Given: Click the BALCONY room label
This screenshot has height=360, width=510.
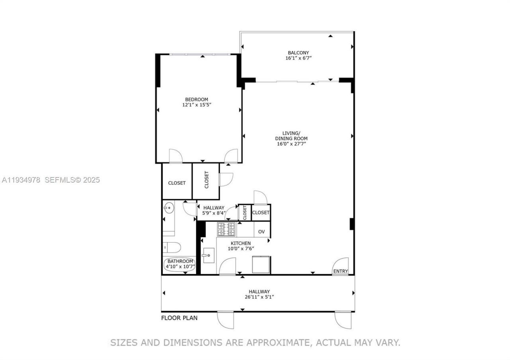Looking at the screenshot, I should (298, 53).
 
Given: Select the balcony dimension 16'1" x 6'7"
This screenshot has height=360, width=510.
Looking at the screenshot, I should (298, 58).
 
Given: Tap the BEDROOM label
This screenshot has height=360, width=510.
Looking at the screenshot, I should (196, 100).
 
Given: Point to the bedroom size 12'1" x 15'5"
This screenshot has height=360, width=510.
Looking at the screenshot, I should (196, 105).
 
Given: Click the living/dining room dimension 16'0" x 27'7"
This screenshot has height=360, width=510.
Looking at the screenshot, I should (291, 144).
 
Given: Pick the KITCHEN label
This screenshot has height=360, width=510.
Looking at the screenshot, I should (241, 243).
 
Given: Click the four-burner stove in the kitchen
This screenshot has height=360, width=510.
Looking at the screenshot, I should (226, 229).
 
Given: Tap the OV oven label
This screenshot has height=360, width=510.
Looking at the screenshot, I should (261, 232).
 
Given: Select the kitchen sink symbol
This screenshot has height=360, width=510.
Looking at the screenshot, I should (208, 255).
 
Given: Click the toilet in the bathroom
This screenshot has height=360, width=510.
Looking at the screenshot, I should (171, 247).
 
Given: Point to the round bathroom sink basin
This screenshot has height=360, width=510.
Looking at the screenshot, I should (169, 207).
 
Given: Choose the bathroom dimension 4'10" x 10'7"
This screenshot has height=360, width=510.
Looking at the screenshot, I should (180, 266).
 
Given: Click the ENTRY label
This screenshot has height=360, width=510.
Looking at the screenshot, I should (341, 272).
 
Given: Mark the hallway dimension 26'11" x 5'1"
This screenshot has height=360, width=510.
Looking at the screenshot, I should (259, 297).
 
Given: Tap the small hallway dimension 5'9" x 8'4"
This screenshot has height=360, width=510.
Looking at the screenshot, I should (214, 213).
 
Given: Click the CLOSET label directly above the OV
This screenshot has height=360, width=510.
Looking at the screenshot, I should (261, 213).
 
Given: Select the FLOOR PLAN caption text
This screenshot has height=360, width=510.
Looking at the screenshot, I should (179, 318).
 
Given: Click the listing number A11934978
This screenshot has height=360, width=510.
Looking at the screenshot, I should (21, 180).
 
